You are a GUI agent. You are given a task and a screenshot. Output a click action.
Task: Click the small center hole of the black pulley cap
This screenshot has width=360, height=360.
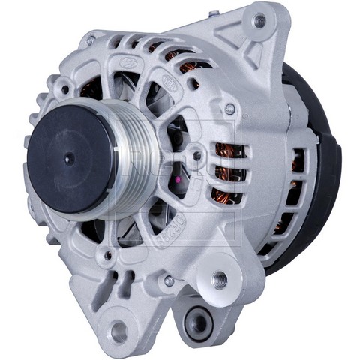(68, 158)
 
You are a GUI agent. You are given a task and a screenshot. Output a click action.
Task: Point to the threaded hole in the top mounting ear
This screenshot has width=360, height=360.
(259, 22)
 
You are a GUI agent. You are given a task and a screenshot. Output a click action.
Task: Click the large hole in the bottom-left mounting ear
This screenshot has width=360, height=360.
(118, 331)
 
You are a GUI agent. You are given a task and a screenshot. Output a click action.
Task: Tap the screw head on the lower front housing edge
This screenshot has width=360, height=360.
(169, 280)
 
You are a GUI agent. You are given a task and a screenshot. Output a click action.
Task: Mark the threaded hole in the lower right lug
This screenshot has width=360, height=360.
(220, 280)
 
